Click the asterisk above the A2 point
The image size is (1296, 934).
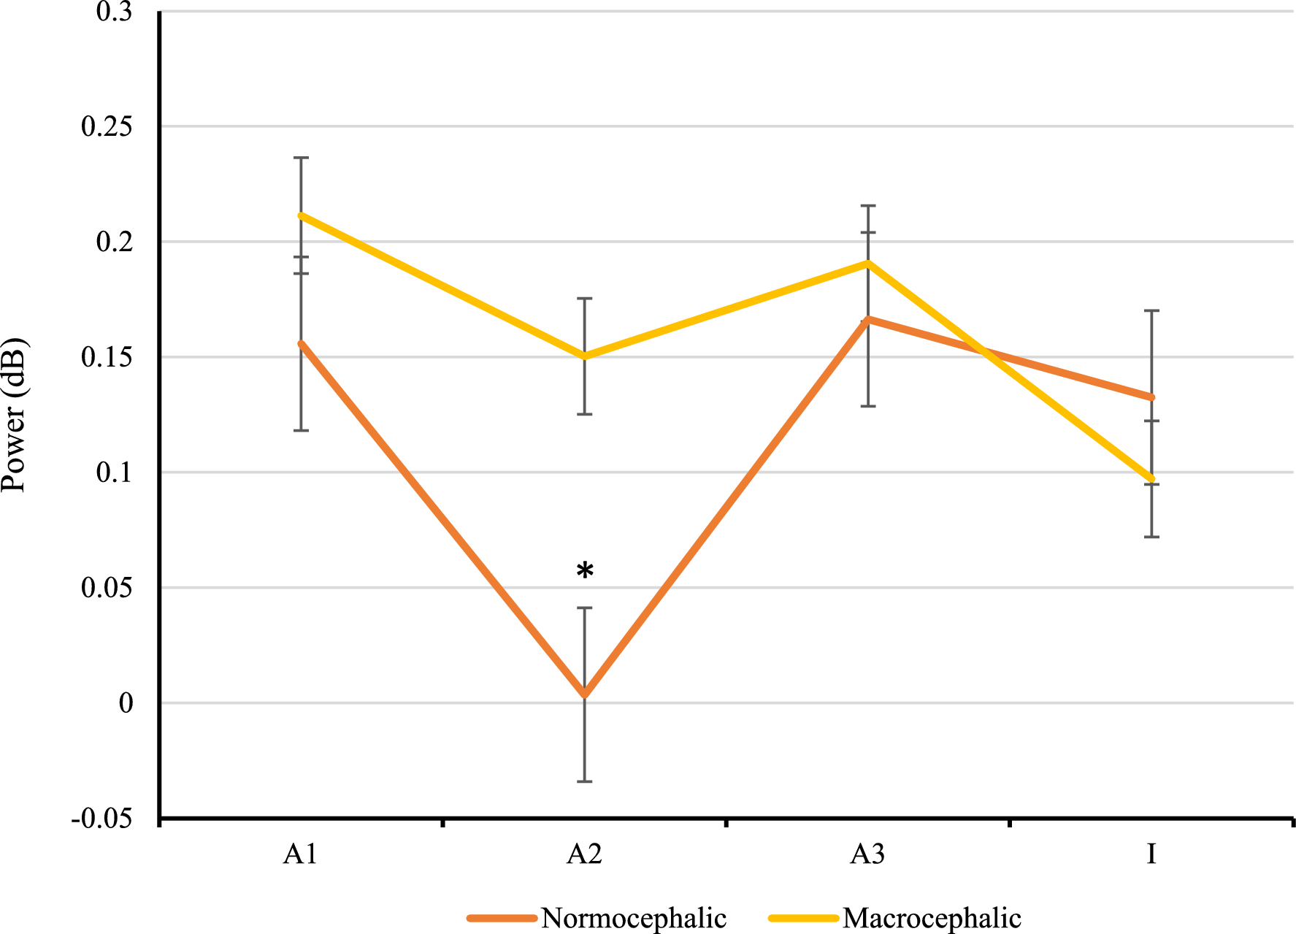click(585, 571)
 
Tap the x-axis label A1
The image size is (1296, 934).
click(301, 854)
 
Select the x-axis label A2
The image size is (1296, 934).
click(584, 854)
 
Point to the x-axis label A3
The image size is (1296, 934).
click(867, 854)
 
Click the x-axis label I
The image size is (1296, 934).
click(1151, 854)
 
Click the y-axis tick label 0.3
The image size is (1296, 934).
click(114, 12)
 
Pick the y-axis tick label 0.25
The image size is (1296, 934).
click(107, 126)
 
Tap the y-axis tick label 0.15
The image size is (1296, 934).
click(107, 357)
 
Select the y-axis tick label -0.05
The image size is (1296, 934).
click(102, 819)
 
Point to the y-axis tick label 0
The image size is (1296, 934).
click(126, 703)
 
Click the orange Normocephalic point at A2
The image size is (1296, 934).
click(585, 694)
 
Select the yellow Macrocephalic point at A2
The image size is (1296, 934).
click(585, 356)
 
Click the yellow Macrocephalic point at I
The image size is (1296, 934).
click(1151, 479)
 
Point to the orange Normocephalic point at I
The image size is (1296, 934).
click(1151, 397)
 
